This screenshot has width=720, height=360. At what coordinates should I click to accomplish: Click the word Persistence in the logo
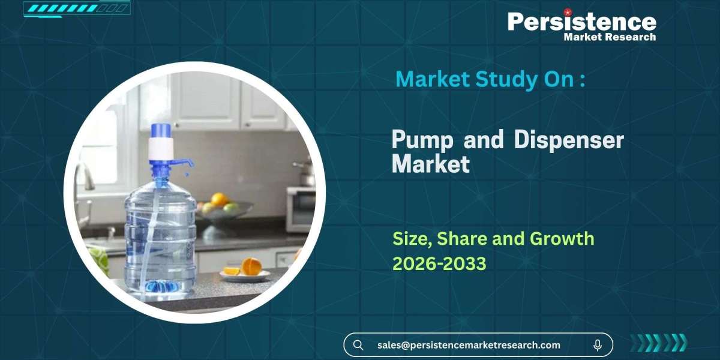coord(581,22)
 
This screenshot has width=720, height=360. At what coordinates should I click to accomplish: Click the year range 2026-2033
coord(439,263)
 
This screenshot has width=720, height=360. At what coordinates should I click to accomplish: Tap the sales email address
coord(469,345)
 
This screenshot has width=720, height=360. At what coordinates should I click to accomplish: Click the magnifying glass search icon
coord(358,345)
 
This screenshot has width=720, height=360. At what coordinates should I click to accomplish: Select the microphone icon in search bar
coord(598,345)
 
